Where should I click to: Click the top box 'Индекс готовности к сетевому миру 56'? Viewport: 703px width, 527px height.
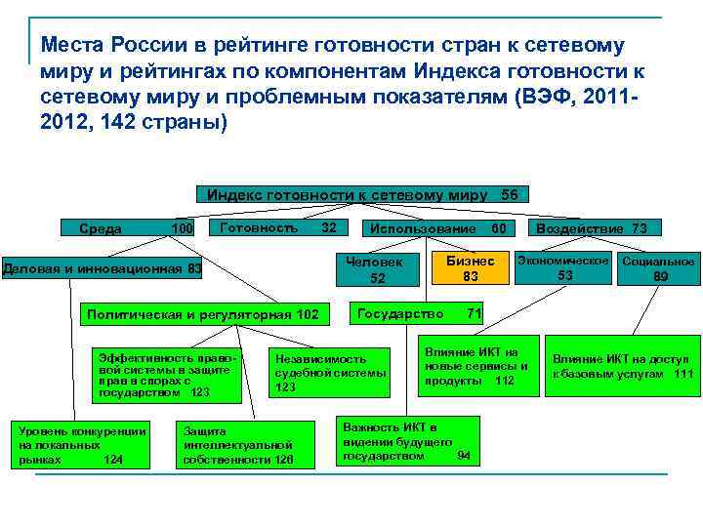[362, 194]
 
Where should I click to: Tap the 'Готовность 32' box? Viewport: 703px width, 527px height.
[278, 227]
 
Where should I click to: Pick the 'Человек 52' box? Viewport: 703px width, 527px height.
[379, 269]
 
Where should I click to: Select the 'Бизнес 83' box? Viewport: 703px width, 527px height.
[471, 268]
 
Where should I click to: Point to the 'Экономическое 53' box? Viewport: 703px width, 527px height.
[564, 268]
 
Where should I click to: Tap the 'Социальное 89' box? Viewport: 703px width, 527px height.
[658, 268]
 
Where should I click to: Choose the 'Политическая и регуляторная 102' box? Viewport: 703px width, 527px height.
[202, 314]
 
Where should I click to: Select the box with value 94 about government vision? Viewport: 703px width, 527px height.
[407, 442]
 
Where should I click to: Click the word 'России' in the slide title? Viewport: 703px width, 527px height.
[137, 46]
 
